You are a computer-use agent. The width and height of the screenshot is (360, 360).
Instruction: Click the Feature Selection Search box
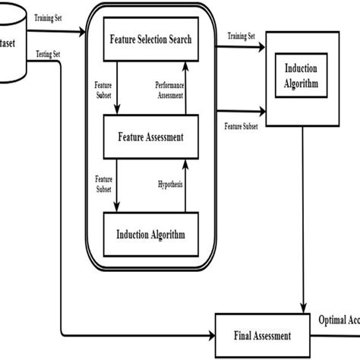coord(150,39)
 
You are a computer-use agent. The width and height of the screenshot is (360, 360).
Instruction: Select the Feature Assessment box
coord(150,137)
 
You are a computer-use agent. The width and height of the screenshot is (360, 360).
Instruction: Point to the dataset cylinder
coord(11,46)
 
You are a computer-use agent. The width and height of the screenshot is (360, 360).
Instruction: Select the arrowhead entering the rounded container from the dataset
coord(84,33)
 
